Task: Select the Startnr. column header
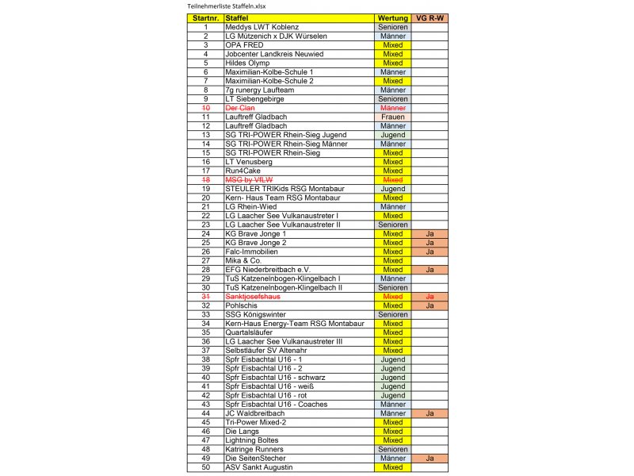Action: coord(205,17)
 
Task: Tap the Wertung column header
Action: coord(393,17)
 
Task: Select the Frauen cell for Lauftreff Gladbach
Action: coord(393,117)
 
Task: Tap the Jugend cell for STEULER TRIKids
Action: coord(393,189)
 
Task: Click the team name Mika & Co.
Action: coord(243,261)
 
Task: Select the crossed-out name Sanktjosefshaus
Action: coord(253,297)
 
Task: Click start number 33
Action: coord(205,315)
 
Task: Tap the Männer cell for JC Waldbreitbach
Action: coord(393,413)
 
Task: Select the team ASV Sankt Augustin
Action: coord(259,467)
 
